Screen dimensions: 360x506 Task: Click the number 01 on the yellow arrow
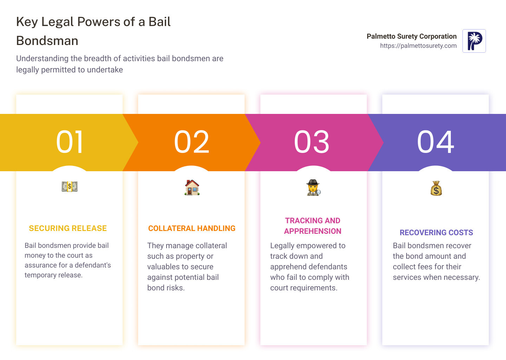click(70, 142)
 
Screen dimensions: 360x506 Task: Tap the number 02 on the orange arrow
click(192, 142)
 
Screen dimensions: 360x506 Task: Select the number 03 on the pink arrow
click(312, 142)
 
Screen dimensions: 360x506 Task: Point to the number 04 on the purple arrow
click(435, 142)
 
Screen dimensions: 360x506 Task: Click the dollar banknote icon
click(70, 187)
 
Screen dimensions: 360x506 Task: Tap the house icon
click(192, 187)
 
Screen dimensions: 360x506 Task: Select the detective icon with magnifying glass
click(313, 188)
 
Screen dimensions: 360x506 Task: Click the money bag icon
click(436, 188)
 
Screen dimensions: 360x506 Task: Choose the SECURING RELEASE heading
click(68, 229)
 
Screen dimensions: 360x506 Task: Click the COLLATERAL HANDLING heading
click(192, 229)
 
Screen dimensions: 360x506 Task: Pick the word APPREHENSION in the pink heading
click(313, 231)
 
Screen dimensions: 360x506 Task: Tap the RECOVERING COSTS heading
click(436, 233)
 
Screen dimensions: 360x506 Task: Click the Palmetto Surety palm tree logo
click(474, 41)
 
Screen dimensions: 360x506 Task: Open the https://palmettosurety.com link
click(418, 46)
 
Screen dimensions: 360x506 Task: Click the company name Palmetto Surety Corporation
click(411, 36)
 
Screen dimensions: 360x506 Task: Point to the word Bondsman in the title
click(47, 41)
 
